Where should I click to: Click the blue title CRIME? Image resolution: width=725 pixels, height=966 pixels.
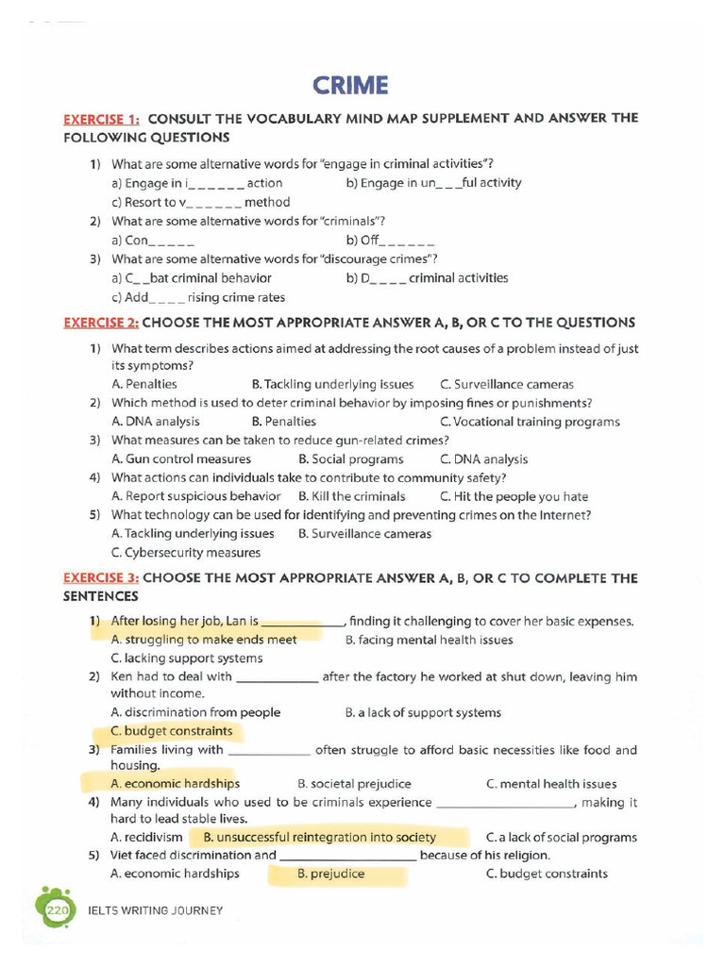pyautogui.click(x=350, y=86)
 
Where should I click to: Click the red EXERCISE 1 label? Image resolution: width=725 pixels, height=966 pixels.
pyautogui.click(x=101, y=119)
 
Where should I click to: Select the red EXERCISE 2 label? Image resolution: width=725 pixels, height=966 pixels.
pyautogui.click(x=101, y=323)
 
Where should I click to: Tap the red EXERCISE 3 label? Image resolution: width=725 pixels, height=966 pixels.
pyautogui.click(x=101, y=578)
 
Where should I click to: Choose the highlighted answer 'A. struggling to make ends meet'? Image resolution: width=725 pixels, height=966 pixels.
pyautogui.click(x=204, y=640)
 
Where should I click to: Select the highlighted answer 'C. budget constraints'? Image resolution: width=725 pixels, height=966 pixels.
pyautogui.click(x=171, y=731)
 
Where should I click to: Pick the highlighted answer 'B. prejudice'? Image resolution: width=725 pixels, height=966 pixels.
pyautogui.click(x=330, y=874)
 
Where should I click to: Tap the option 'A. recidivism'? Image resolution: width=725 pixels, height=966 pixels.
pyautogui.click(x=146, y=837)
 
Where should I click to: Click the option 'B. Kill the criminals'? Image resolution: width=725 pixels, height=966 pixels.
pyautogui.click(x=351, y=496)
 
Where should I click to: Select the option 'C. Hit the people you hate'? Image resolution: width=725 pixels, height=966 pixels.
pyautogui.click(x=514, y=496)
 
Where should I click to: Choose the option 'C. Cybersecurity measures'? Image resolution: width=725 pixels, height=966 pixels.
pyautogui.click(x=185, y=553)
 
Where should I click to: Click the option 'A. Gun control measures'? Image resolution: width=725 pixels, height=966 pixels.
pyautogui.click(x=181, y=459)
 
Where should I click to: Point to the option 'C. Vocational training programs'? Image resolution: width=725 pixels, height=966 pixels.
pyautogui.click(x=530, y=422)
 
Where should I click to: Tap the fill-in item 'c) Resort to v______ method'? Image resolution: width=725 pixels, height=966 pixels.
pyautogui.click(x=200, y=202)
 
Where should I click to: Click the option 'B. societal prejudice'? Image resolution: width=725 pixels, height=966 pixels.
pyautogui.click(x=354, y=784)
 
